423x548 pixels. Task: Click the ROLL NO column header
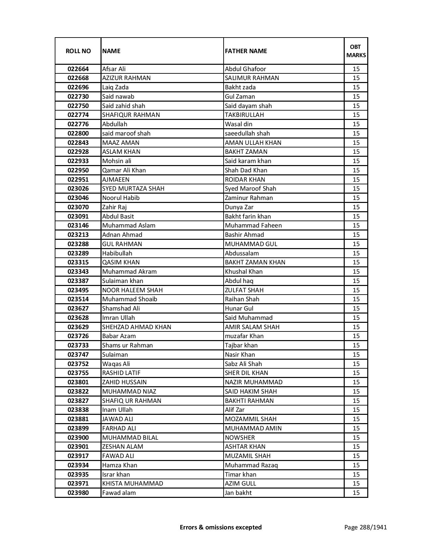[78, 51]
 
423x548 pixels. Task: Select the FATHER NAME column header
[246, 51]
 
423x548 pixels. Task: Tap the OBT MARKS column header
[356, 51]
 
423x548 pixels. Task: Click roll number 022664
[78, 69]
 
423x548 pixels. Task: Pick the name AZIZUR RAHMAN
[126, 78]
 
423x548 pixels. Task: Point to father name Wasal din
[239, 124]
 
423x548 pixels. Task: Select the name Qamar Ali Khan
[124, 170]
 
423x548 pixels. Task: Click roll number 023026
[78, 189]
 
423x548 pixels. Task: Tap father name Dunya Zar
[239, 207]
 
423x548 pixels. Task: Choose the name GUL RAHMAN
[122, 244]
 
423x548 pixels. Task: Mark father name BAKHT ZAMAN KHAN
[255, 262]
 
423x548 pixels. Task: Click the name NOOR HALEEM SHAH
[133, 290]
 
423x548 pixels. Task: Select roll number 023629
[78, 327]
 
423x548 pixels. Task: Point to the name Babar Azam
[119, 336]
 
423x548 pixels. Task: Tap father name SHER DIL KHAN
[247, 373]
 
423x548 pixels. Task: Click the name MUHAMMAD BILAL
[130, 438]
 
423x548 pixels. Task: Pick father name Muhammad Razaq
[251, 465]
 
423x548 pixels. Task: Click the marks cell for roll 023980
[356, 493]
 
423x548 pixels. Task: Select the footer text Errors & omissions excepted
[221, 527]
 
